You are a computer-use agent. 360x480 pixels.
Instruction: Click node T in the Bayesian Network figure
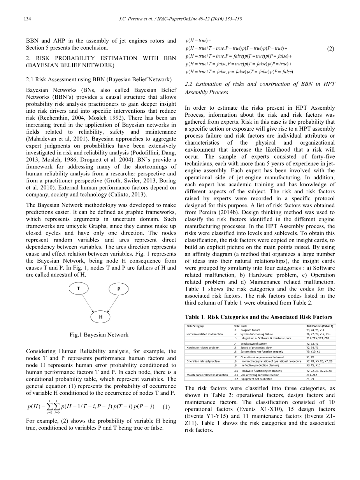tap(78, 288)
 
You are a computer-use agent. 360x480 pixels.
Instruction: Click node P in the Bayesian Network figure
tap(119, 289)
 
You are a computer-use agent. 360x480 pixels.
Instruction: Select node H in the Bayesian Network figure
tap(100, 317)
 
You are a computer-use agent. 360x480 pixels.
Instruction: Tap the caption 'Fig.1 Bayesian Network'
tap(99, 335)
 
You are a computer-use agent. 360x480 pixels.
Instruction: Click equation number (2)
tap(330, 49)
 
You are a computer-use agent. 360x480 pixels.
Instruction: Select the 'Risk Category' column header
tap(195, 326)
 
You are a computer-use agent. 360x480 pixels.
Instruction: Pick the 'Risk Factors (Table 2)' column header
tap(320, 326)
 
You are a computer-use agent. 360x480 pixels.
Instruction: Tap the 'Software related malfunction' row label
tap(205, 334)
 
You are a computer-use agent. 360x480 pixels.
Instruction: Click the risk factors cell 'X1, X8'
tap(310, 357)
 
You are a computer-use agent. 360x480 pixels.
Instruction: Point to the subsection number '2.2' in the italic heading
tap(189, 84)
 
